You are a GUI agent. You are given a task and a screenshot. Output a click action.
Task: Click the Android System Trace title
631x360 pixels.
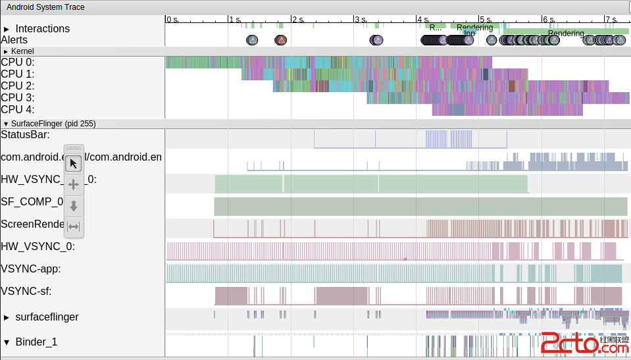click(45, 7)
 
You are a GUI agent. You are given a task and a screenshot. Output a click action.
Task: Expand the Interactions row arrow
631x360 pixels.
click(7, 29)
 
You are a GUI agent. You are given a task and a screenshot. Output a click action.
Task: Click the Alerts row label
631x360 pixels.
click(14, 40)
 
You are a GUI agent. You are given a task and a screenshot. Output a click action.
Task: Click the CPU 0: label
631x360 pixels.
click(18, 62)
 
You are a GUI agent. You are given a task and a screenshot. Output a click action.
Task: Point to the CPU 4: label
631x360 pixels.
click(18, 109)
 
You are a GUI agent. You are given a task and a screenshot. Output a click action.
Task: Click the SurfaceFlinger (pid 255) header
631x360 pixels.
click(53, 124)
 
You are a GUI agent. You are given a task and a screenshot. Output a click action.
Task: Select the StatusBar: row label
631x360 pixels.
click(25, 135)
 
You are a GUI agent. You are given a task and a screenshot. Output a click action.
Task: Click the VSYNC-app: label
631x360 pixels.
click(31, 269)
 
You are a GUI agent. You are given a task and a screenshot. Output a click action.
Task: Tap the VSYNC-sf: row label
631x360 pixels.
click(26, 291)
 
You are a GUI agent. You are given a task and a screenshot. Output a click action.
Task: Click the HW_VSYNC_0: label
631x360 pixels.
click(38, 247)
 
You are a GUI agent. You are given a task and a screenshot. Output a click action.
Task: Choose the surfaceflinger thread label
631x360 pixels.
click(47, 317)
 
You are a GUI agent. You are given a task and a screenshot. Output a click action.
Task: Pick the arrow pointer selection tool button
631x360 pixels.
click(74, 163)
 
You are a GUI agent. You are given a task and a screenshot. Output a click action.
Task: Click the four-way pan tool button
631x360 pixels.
click(74, 184)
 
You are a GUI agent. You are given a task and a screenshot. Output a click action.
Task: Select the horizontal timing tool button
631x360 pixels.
click(74, 227)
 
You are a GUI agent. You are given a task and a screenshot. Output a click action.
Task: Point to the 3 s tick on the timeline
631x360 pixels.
click(359, 20)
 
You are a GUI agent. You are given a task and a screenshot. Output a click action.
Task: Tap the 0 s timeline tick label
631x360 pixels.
click(172, 20)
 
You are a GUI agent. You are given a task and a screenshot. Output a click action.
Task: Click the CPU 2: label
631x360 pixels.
click(18, 86)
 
